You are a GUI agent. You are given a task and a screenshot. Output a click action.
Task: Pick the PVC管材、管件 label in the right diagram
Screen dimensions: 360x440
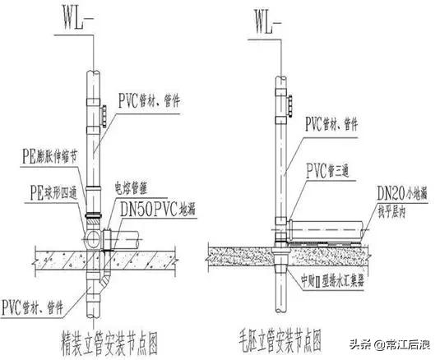(336, 123)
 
